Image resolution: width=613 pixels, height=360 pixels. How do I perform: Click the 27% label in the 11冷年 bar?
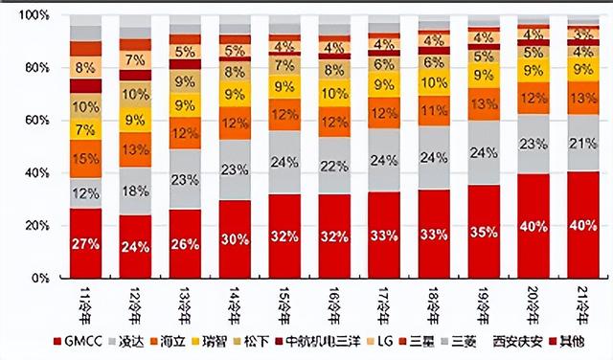tap(86, 244)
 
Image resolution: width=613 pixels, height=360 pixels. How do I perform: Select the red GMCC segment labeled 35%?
tap(484, 232)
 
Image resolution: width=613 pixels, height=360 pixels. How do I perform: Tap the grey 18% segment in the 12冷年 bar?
tap(135, 191)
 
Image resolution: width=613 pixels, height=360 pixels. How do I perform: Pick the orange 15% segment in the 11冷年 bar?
tap(86, 158)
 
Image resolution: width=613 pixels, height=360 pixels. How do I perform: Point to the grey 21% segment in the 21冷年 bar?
tap(582, 144)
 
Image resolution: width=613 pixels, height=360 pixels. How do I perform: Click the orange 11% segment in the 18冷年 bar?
tap(434, 110)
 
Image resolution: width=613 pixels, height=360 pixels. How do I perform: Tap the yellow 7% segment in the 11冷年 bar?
tap(86, 129)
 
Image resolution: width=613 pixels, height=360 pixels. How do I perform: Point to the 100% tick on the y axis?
tap(36, 16)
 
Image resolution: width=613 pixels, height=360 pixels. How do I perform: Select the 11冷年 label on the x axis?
tap(84, 299)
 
